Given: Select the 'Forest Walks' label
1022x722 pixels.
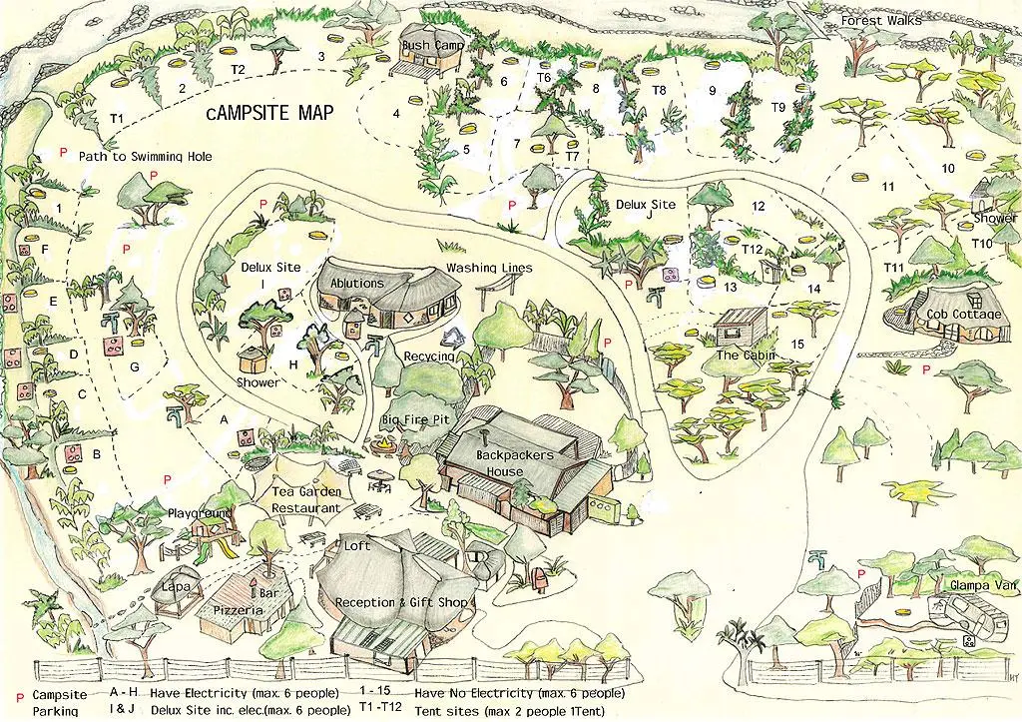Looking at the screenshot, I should (x=880, y=21).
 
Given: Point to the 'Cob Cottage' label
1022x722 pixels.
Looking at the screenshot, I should (x=963, y=315).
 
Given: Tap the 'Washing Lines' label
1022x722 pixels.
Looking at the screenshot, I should (x=489, y=269).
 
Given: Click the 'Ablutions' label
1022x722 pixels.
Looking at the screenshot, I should (x=356, y=284).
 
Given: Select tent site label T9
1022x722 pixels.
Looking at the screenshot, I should (x=778, y=107).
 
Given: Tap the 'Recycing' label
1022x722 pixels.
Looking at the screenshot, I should (x=429, y=357).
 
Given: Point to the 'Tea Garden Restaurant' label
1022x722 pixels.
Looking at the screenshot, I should (x=307, y=499).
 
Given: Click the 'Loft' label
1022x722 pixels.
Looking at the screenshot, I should (x=356, y=546).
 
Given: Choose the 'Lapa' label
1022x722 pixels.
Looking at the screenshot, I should (x=176, y=586).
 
